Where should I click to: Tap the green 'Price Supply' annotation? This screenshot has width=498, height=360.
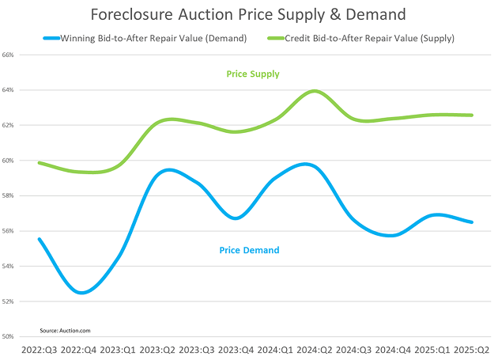(x=253, y=74)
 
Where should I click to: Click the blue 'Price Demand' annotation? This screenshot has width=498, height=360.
(x=248, y=250)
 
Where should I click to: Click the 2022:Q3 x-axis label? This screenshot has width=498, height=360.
(x=40, y=349)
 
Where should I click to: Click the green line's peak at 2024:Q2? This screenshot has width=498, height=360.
(x=315, y=91)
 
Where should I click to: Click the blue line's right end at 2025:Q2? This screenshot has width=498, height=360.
(x=473, y=222)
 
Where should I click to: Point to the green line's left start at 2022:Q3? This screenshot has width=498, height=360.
(x=40, y=162)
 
